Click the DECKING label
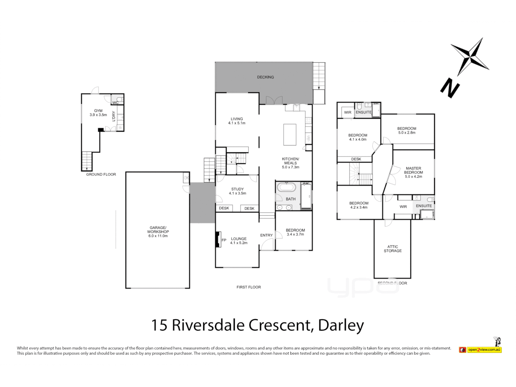265,77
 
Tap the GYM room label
98,111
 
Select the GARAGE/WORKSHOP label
158,230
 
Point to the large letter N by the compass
450,88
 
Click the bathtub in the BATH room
286,187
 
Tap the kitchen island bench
290,134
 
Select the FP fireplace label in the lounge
224,240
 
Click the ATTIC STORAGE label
392,249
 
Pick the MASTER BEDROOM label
414,170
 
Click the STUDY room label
237,189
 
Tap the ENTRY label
266,235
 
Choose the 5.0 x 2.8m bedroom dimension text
407,133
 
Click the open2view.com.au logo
484,349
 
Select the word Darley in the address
341,325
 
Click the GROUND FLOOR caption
101,175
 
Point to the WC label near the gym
115,103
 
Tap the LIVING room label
236,119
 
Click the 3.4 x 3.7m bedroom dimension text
295,234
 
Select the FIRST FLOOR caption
249,287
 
